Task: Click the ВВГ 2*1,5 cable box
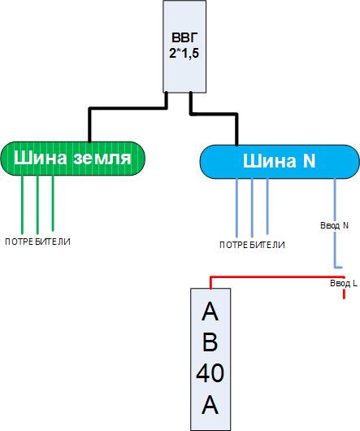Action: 184,46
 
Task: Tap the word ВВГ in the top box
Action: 184,37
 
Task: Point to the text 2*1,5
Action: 184,53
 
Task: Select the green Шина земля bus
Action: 73,159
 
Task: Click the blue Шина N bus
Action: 280,162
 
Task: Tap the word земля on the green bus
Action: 102,159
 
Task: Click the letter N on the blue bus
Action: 309,160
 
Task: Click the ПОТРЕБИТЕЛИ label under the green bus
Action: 37,242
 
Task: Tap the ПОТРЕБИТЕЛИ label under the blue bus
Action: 252,245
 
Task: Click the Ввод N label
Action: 335,226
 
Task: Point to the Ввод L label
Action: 344,283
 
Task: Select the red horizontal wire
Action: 277,277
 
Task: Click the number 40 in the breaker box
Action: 210,373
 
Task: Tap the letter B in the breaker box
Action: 210,342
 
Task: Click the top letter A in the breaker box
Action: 210,311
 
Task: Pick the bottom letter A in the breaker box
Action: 210,405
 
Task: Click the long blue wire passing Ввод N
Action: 335,223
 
